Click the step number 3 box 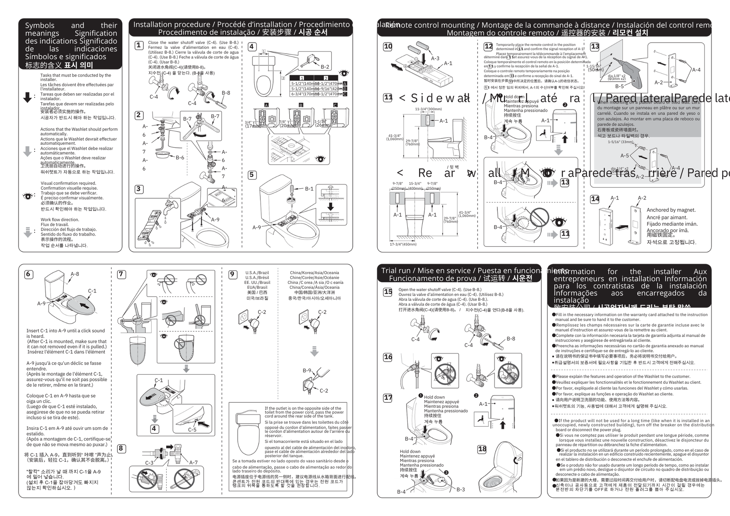coord(139,189)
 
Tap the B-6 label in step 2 coord(180,158)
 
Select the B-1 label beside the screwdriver coord(309,189)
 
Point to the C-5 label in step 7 coord(192,430)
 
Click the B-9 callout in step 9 coord(307,370)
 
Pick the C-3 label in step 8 coord(149,463)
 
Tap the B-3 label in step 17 coord(461,489)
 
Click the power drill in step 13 coord(630,71)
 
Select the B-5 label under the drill coord(619,86)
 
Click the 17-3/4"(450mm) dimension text coord(403,244)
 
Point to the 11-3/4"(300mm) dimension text coord(428,109)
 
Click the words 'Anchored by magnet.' coord(671,210)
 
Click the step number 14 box coord(595,199)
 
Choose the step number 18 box coord(482,449)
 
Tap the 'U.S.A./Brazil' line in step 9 coord(257,273)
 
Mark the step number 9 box coord(233,274)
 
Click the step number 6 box coord(28,274)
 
